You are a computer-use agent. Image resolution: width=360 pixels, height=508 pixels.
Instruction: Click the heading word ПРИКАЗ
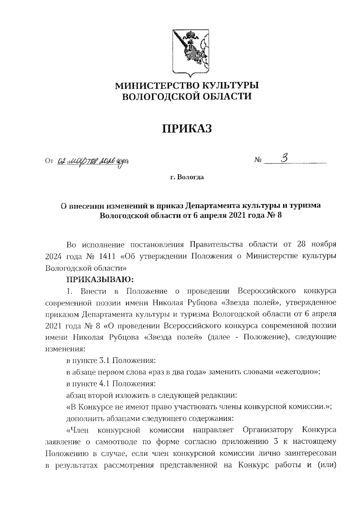pos(187,129)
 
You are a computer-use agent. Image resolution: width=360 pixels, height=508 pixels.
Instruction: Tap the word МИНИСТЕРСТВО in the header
pos(157,86)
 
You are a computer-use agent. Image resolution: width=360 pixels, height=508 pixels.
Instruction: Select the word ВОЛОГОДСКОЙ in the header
pos(160,96)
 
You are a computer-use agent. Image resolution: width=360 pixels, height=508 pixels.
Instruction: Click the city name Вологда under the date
pos(190,177)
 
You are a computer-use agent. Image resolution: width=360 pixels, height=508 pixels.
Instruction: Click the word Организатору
pos(268,430)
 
